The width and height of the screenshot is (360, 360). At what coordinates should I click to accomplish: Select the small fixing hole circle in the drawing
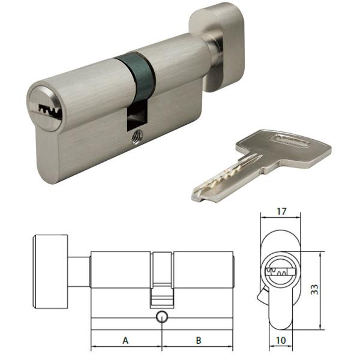(162, 317)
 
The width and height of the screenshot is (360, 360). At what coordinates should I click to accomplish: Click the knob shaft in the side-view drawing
(79, 273)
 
